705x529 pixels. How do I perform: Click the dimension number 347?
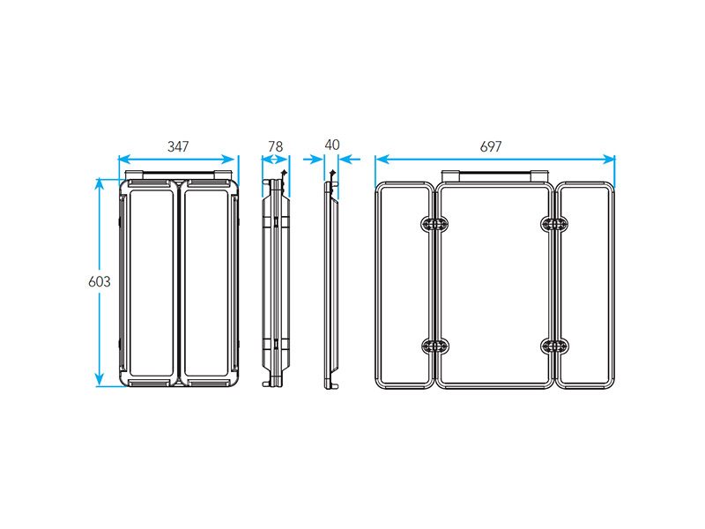coord(178,146)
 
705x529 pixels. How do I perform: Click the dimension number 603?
coord(100,281)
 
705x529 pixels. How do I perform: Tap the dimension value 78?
coord(275,146)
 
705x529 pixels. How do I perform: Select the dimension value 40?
coord(332,145)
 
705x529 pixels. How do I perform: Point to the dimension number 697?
coord(491,146)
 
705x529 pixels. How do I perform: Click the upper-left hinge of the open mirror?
coord(434,224)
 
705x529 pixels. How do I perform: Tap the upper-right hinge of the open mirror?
coord(554,224)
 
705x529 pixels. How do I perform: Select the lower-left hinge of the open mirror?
coord(434,346)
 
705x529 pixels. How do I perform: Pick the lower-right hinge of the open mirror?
coord(554,346)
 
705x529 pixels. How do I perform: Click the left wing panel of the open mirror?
coord(378,285)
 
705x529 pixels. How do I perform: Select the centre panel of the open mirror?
coord(439,285)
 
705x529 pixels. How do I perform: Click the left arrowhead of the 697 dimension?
coord(382,160)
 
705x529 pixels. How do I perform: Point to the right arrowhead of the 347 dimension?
coord(228,160)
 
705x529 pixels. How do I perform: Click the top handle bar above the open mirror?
coord(494,175)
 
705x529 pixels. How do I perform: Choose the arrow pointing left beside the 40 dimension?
coord(349,159)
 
